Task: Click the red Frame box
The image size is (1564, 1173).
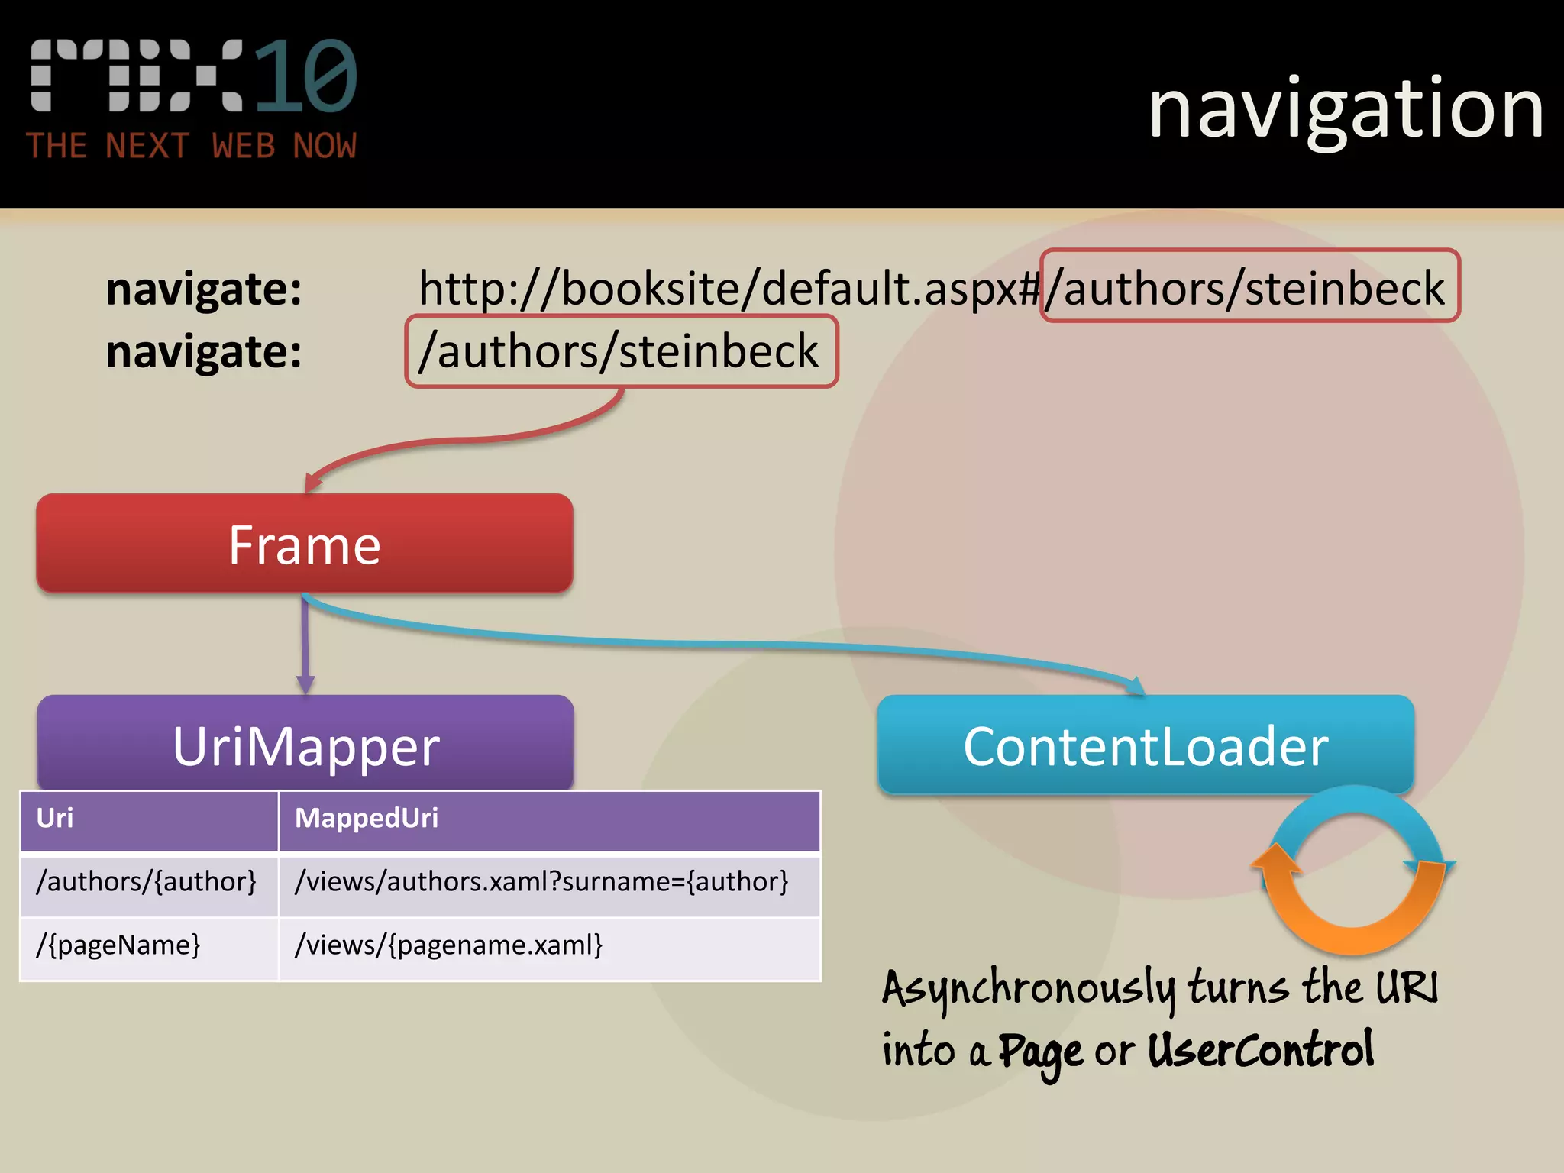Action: [x=305, y=544]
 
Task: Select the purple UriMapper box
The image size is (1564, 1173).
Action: [x=305, y=744]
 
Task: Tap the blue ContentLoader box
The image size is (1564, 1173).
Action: [x=1146, y=745]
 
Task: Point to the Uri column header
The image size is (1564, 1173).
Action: [x=55, y=819]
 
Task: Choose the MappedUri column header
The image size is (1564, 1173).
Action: [x=367, y=819]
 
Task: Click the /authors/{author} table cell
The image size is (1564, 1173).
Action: [x=147, y=882]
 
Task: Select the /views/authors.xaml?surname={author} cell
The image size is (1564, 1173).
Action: [x=541, y=882]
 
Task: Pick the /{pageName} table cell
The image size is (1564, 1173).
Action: [x=118, y=945]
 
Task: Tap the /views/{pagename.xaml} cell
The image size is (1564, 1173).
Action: [x=449, y=945]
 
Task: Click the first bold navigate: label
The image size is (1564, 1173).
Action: [x=204, y=289]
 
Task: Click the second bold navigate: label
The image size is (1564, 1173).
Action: [x=204, y=352]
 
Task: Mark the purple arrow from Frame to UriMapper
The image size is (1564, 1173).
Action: [x=305, y=645]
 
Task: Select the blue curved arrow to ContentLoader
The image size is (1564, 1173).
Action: [x=725, y=644]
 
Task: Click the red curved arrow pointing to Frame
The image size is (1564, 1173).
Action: [x=458, y=441]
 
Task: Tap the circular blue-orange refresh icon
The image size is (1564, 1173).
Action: [x=1353, y=871]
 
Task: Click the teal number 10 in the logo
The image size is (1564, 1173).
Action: [x=305, y=76]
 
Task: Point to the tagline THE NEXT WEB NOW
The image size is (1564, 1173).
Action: [x=191, y=146]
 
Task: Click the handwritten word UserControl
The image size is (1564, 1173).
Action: [x=1260, y=1051]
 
